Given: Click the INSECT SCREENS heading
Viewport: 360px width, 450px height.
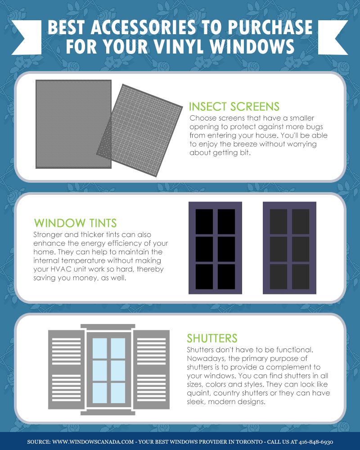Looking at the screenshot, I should tap(234, 107).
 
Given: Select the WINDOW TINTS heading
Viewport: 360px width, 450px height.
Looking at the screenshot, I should tap(75, 223).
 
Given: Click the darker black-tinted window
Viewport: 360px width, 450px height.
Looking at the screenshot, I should tap(215, 248).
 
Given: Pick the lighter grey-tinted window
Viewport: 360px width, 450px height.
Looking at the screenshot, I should tap(289, 248).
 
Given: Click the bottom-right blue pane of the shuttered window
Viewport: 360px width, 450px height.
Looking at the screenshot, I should tap(118, 392).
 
